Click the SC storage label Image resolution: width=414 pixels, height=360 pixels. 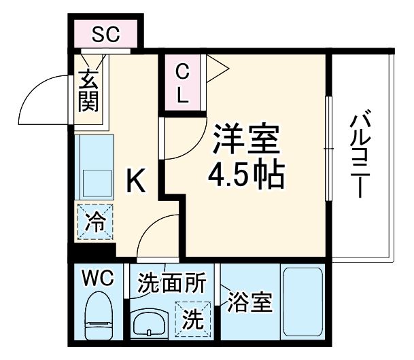[106, 34]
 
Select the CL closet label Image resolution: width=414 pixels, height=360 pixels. [182, 82]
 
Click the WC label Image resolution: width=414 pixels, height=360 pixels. [99, 278]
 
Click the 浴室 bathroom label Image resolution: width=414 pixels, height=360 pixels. [249, 302]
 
